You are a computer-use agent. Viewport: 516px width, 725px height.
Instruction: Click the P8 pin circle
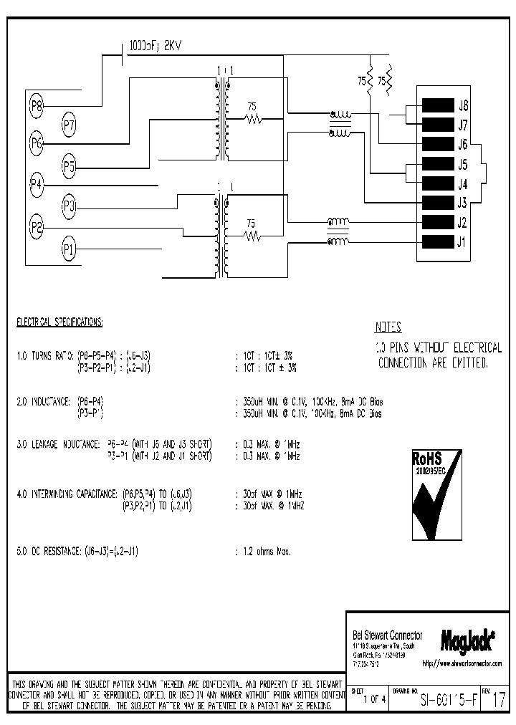point(37,107)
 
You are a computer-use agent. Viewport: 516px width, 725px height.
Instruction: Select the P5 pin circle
point(69,168)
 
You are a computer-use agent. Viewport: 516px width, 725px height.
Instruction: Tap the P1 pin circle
point(69,249)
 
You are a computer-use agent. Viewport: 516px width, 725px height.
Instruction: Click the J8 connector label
point(463,105)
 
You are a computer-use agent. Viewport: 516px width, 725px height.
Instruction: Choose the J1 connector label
point(463,241)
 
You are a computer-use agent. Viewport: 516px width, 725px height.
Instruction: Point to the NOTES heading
point(388,327)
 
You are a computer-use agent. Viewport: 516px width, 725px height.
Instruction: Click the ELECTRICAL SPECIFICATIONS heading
point(59,323)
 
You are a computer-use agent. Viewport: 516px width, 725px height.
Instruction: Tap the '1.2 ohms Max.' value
point(263,552)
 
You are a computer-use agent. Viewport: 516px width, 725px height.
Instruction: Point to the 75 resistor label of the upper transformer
point(252,105)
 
